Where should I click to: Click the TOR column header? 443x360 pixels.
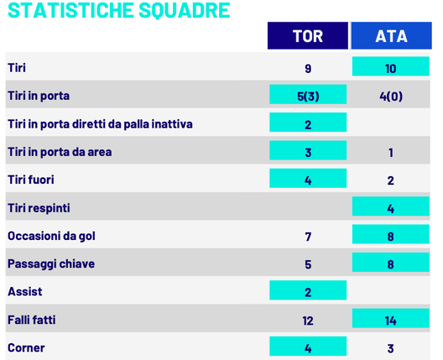tap(307, 36)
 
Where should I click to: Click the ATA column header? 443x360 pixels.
tap(391, 36)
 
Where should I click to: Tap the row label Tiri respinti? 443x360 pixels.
tap(38, 207)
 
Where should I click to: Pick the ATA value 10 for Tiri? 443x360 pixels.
tap(391, 68)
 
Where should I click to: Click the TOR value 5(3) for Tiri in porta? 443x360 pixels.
tap(308, 96)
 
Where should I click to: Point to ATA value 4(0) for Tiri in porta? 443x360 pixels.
tap(391, 96)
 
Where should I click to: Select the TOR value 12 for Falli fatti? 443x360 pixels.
tap(308, 320)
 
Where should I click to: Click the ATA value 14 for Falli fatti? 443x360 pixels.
tap(391, 320)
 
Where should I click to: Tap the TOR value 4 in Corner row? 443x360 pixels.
tap(308, 347)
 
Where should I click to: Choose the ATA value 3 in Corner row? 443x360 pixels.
tap(391, 347)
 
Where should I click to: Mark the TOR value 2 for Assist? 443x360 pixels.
tap(308, 292)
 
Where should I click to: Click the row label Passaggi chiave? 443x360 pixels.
tap(51, 263)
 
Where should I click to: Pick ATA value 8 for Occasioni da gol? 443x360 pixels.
tap(391, 236)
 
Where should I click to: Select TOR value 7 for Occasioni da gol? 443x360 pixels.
tap(308, 236)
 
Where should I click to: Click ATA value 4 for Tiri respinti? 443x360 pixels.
tap(391, 207)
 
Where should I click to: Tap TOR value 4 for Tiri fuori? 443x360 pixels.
tap(308, 180)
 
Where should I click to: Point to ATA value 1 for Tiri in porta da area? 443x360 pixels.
tap(391, 152)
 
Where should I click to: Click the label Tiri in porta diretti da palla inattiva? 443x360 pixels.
tap(100, 124)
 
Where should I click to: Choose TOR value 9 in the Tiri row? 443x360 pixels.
tap(308, 68)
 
